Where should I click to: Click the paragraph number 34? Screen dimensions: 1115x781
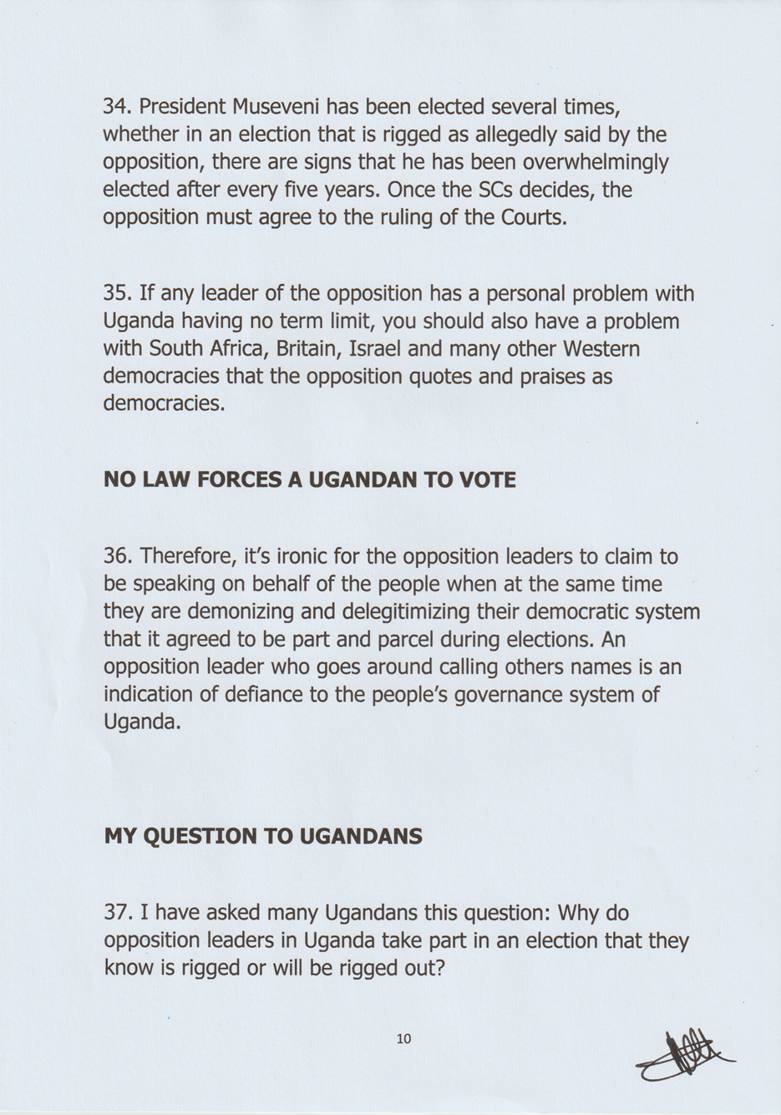[116, 107]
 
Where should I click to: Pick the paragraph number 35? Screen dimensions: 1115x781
[116, 294]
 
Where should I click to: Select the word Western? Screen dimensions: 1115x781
[601, 349]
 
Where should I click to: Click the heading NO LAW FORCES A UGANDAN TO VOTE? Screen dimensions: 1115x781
[310, 480]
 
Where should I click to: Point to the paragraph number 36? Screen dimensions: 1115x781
[116, 556]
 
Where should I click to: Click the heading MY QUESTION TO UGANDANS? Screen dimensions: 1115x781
[263, 836]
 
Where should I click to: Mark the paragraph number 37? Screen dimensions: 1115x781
[116, 913]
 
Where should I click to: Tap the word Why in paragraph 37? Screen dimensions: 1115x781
[579, 913]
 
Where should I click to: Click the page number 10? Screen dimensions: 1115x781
[404, 1040]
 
